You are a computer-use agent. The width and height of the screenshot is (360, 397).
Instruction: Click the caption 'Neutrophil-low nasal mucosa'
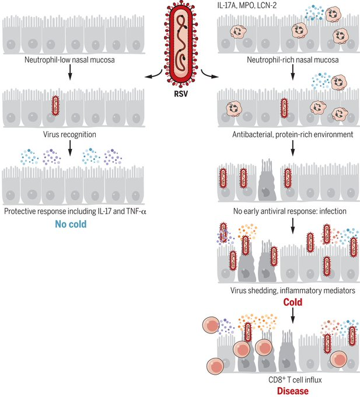point(72,60)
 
